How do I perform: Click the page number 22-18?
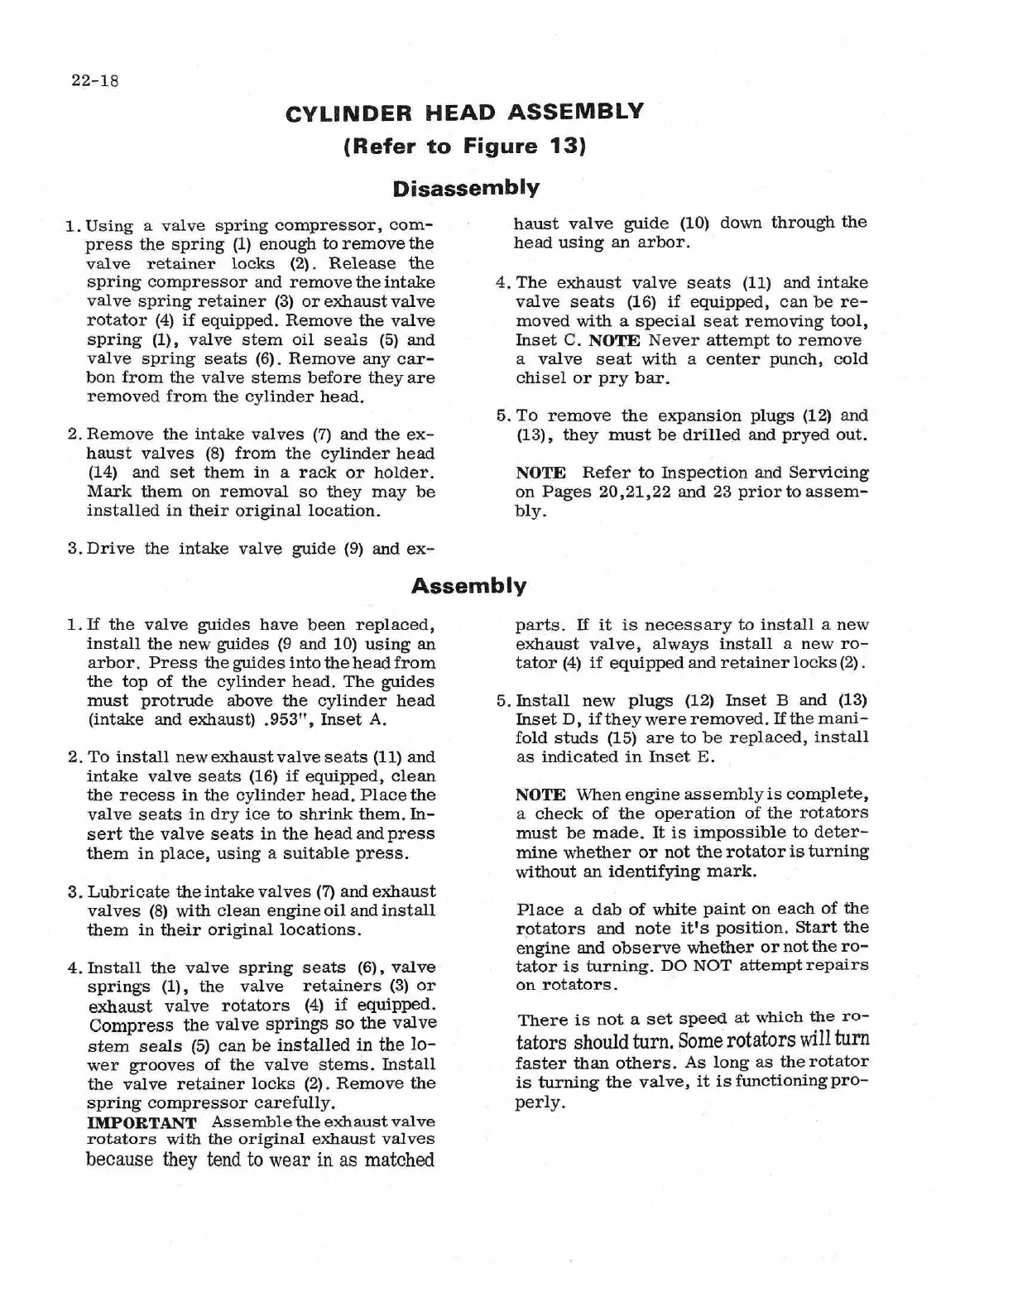click(x=95, y=81)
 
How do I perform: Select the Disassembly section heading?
click(x=466, y=188)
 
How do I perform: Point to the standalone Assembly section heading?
click(x=468, y=587)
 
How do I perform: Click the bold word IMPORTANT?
click(x=142, y=1123)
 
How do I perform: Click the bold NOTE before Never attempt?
click(x=614, y=340)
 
